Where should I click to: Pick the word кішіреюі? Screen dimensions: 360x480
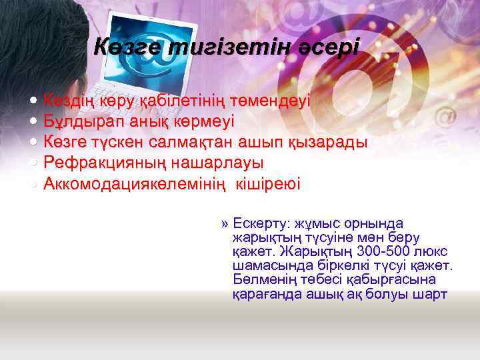click(267, 183)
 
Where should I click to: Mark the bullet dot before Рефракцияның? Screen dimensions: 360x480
click(34, 163)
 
